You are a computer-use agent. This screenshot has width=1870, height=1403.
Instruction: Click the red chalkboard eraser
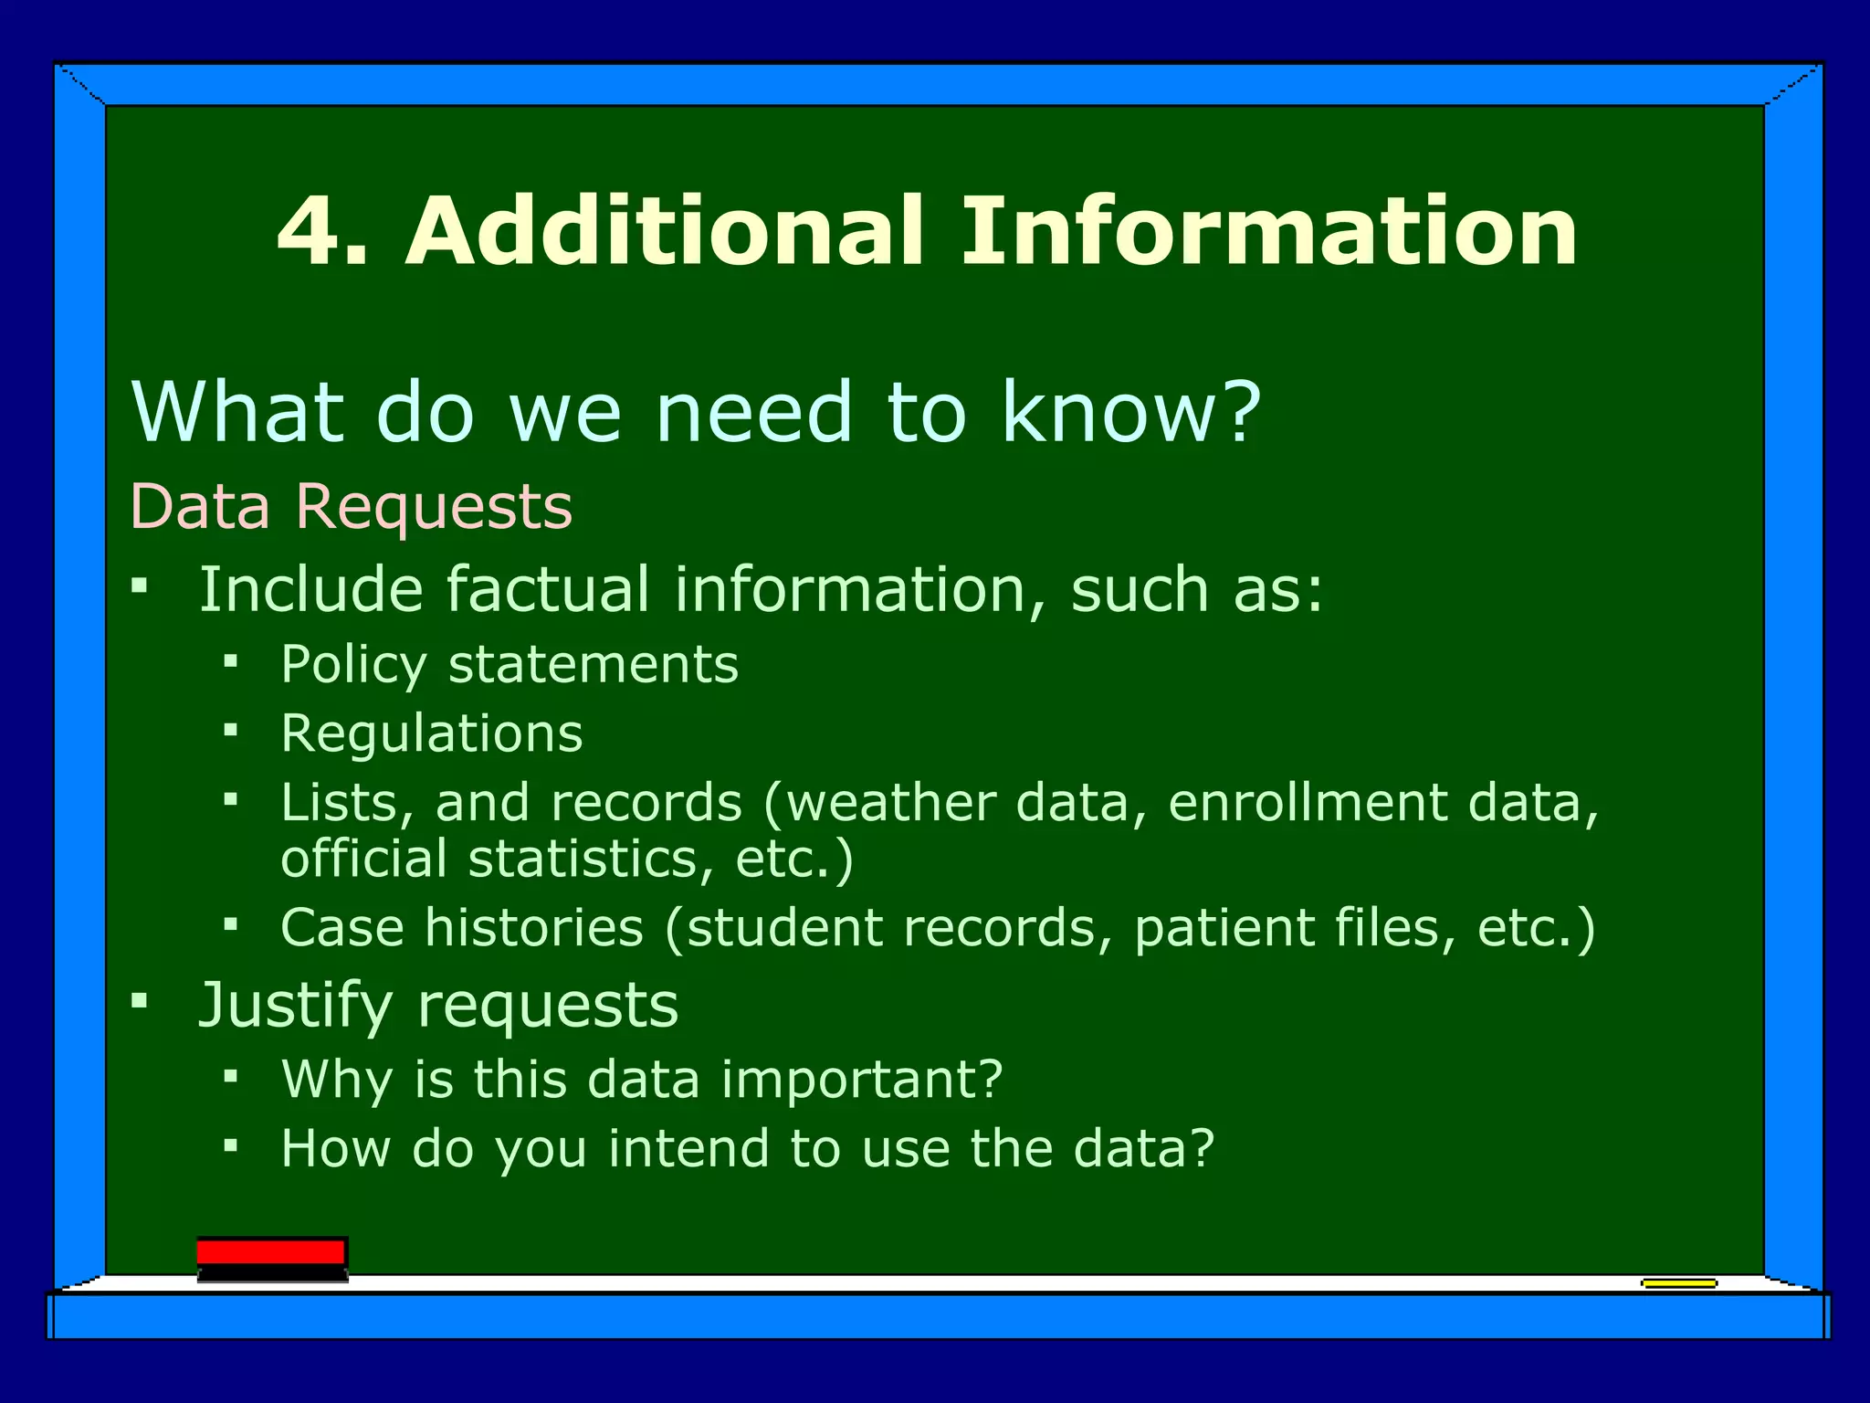click(271, 1259)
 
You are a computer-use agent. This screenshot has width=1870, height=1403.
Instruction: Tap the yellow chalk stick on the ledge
click(1678, 1283)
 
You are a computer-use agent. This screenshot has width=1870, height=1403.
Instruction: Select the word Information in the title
click(1268, 232)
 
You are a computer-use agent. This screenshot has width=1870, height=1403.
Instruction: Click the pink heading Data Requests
click(352, 506)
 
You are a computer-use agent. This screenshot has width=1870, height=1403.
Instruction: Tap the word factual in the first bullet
click(547, 589)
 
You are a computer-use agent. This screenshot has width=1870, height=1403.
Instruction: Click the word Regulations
click(432, 733)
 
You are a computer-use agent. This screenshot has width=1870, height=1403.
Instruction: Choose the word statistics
click(584, 860)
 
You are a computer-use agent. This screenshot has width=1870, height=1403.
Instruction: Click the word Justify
click(295, 1006)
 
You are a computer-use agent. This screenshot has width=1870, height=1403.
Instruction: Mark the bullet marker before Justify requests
click(139, 1001)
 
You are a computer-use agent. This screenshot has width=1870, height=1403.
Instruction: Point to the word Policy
click(354, 665)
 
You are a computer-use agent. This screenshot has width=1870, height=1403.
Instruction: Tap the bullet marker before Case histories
click(231, 924)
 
